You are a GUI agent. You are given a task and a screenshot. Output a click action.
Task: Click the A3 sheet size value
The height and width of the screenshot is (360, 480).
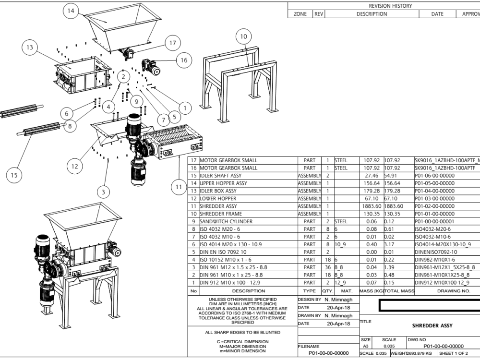tap(365, 346)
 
